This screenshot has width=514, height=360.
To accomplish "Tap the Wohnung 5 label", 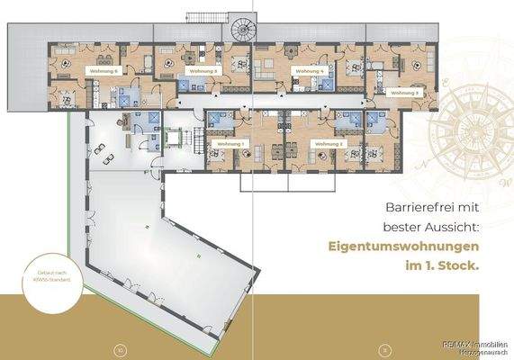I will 203,69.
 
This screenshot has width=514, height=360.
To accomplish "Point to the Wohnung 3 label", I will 403,92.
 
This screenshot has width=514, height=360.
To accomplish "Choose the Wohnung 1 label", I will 230,143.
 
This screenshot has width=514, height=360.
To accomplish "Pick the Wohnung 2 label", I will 323,143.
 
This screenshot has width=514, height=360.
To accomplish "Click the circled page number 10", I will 120,348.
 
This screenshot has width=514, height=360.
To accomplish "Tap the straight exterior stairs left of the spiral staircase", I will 201,17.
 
